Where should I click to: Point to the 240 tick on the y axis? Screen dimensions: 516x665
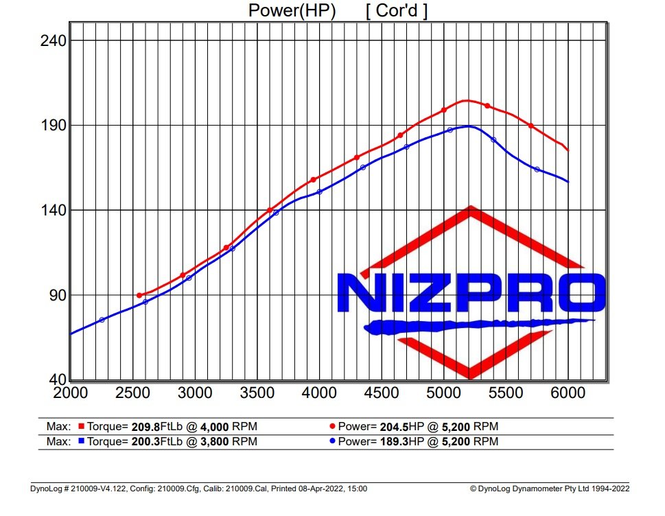point(52,40)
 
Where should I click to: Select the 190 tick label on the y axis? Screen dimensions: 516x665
point(52,126)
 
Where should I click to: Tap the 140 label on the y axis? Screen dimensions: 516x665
point(52,210)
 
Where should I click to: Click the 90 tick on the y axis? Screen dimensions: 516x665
point(56,295)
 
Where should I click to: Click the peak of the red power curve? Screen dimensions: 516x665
point(467,100)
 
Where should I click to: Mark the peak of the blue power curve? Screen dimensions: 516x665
point(468,126)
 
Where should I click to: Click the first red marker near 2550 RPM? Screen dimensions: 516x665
point(139,295)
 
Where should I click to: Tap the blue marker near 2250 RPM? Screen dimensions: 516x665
point(102,320)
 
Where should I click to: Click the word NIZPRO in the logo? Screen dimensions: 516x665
point(470,294)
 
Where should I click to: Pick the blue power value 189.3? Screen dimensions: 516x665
point(392,441)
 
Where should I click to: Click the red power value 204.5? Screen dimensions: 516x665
point(392,426)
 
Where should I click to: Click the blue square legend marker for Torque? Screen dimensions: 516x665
point(80,441)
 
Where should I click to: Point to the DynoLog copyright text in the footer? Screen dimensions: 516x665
point(549,489)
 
